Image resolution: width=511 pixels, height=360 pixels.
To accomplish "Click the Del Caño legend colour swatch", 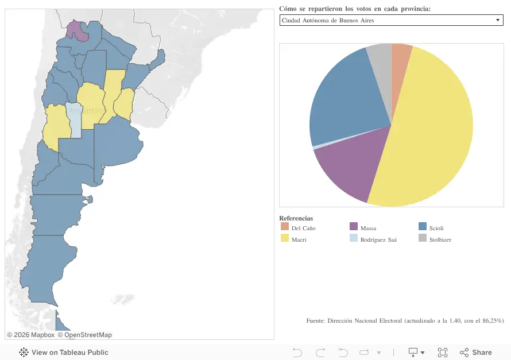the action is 285,226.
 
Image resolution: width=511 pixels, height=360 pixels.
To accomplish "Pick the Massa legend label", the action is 368,228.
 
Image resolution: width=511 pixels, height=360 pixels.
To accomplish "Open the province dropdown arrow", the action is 498,20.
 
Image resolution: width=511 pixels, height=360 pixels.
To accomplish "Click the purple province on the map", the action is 76,30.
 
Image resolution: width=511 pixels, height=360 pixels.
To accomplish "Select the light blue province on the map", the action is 73,120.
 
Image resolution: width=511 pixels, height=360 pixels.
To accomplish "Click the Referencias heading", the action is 296,218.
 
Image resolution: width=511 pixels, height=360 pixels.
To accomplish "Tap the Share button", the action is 476,353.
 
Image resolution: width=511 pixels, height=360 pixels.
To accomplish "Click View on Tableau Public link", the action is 64,353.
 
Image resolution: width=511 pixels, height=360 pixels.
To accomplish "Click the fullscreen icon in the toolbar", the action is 443,353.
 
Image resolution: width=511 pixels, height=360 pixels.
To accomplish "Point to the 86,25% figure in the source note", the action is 493,320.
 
